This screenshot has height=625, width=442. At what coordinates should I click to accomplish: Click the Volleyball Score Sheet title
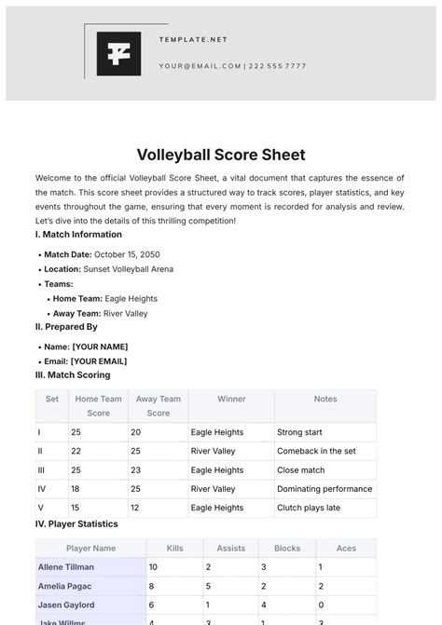click(221, 155)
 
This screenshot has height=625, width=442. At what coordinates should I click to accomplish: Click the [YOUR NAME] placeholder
click(99, 346)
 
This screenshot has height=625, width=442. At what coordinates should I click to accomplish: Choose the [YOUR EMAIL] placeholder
click(100, 361)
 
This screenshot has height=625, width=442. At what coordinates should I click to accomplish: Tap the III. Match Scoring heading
click(73, 375)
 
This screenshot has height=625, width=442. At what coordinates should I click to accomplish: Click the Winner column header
click(231, 399)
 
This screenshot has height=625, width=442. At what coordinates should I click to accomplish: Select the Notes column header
click(325, 399)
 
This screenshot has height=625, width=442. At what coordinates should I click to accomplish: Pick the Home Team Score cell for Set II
click(76, 451)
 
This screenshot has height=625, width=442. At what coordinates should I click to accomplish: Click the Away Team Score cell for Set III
click(136, 470)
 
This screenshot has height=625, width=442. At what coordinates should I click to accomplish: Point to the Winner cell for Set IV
click(213, 489)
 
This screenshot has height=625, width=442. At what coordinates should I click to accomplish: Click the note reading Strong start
click(300, 432)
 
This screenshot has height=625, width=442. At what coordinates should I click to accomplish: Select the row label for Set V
click(39, 508)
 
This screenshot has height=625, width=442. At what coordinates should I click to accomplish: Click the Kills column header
click(174, 549)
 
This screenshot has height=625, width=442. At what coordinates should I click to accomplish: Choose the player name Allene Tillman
click(66, 566)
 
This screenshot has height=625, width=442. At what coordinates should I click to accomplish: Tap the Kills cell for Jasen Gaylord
click(151, 605)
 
